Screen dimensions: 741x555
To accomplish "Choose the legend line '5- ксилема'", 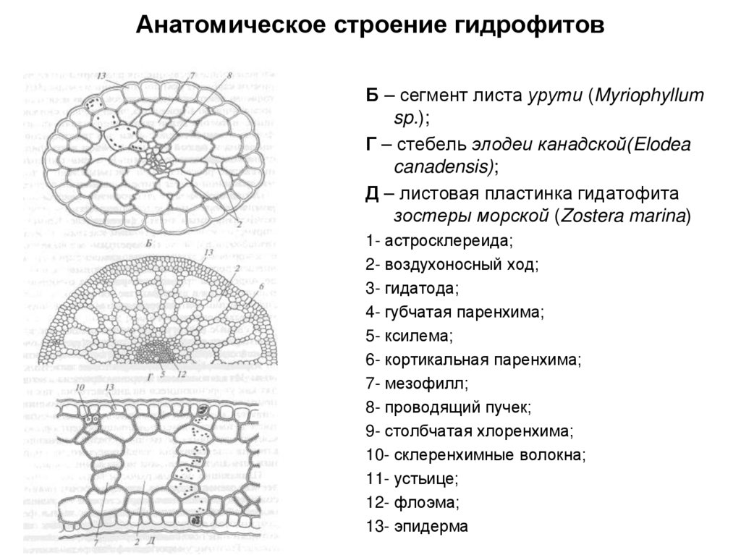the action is [409, 336].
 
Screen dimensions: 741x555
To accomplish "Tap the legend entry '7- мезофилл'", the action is [417, 384].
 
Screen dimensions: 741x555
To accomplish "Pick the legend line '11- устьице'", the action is [412, 478].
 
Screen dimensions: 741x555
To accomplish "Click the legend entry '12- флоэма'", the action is [412, 502].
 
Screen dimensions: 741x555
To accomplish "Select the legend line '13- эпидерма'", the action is [417, 526].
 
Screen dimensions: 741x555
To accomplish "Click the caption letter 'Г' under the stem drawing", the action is [149, 376].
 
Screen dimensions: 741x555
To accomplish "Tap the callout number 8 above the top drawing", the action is [229, 75].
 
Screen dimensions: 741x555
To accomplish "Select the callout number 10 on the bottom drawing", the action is [80, 389].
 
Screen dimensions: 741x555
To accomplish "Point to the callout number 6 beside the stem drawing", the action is [261, 287].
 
